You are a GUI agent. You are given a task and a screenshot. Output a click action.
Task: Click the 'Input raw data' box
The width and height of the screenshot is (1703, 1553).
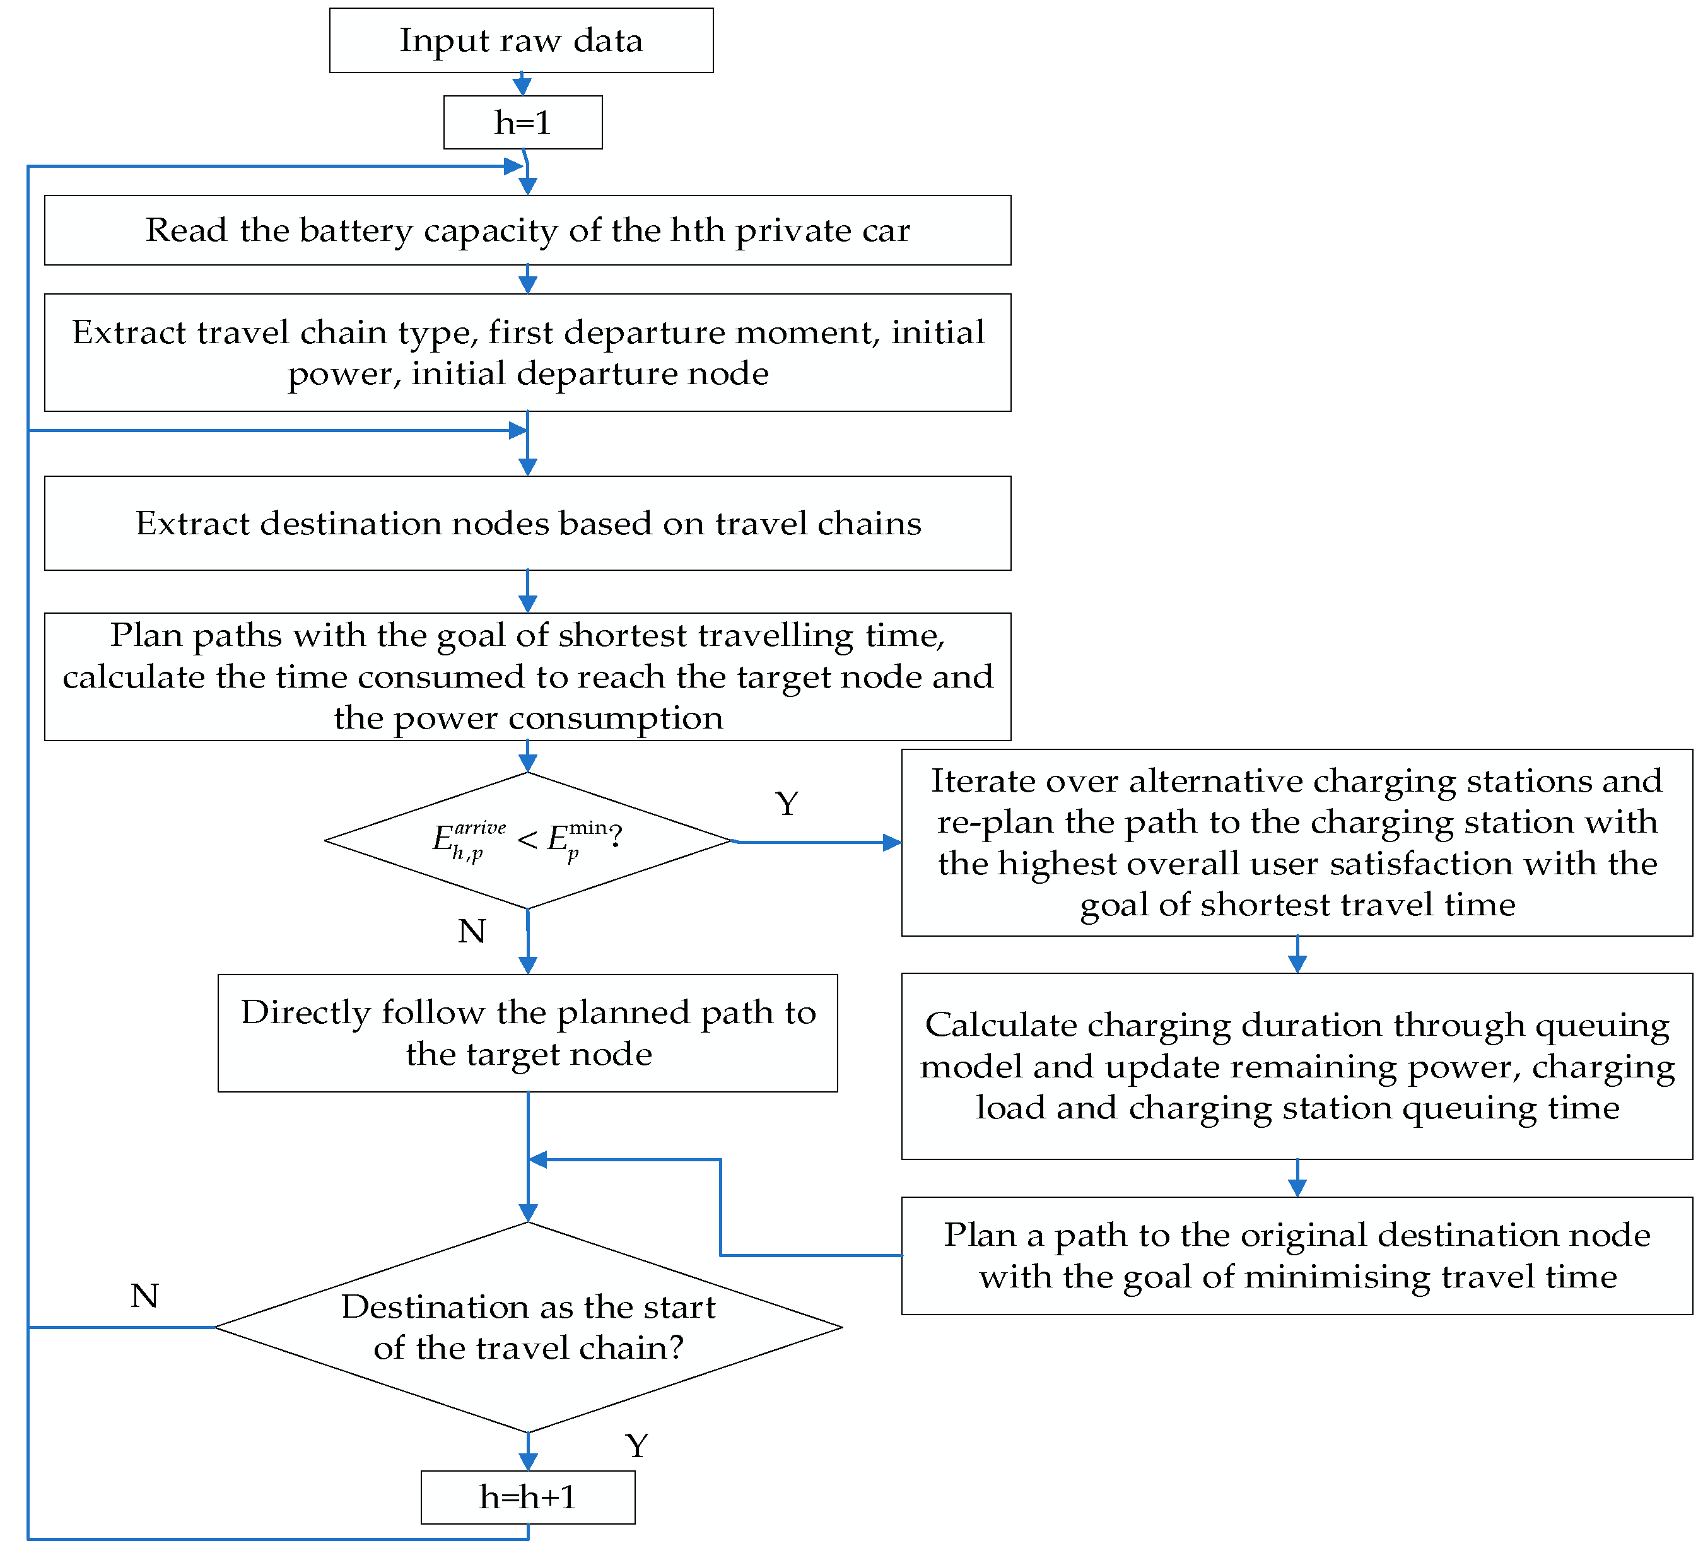click(521, 40)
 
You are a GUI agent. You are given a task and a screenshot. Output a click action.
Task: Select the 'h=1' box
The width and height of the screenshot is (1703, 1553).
click(523, 122)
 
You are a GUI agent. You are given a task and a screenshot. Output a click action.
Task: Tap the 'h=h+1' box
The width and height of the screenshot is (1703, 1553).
click(528, 1497)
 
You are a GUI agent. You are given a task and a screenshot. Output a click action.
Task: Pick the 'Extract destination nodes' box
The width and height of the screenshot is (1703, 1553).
click(528, 523)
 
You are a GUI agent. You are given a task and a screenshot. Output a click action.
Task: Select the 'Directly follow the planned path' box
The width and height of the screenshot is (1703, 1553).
click(528, 1033)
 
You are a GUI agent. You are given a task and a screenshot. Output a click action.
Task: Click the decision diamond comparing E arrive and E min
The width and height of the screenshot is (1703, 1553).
click(528, 841)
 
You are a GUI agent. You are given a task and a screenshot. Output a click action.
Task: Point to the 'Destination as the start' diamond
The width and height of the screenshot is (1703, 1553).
click(528, 1327)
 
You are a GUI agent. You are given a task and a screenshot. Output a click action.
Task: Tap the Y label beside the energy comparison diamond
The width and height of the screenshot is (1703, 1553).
click(787, 804)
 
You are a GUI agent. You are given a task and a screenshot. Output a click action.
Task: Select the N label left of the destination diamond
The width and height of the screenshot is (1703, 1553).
click(145, 1295)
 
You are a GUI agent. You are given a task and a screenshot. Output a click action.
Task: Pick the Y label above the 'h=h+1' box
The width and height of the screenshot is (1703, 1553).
click(637, 1446)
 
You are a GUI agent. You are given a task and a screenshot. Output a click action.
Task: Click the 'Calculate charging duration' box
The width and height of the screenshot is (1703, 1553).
click(1297, 1066)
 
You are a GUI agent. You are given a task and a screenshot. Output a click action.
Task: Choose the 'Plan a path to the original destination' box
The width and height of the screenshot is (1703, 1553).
click(1297, 1255)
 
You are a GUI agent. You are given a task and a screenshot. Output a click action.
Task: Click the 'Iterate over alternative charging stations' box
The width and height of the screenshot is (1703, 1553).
click(1297, 842)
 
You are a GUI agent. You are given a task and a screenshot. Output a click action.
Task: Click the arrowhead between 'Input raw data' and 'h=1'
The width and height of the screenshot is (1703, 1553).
click(522, 87)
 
